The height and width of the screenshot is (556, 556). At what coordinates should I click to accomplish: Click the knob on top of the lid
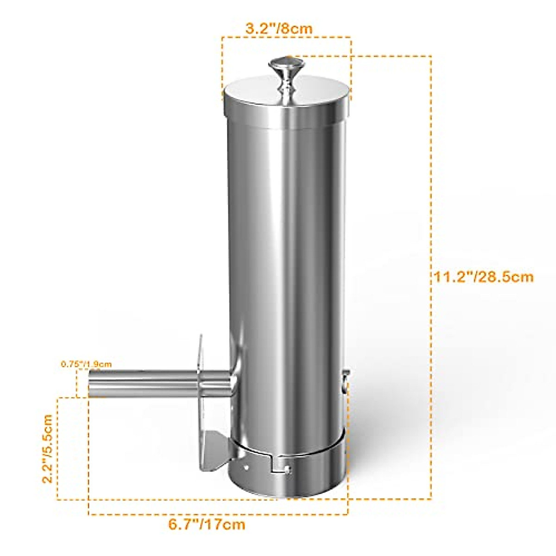point(285,69)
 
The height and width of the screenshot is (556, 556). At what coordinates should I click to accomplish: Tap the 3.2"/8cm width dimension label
point(279,28)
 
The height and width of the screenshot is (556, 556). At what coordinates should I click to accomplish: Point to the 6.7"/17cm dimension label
point(207,525)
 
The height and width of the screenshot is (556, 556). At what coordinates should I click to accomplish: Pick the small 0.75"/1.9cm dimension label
point(86,364)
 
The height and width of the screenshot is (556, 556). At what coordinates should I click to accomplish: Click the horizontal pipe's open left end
point(91,384)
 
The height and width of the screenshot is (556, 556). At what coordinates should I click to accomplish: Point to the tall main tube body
point(287,255)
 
